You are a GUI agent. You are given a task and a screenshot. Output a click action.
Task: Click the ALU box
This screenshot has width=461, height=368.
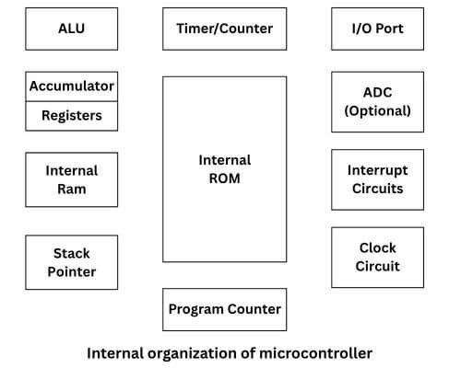(72, 29)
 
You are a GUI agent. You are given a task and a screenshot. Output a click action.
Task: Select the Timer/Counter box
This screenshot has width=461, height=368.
(224, 29)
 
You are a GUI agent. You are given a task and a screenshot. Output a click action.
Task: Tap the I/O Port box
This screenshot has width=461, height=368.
(377, 29)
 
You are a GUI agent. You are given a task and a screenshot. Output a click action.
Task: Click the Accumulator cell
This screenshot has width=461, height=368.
(72, 86)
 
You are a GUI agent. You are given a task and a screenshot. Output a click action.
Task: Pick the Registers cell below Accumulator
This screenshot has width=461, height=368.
(72, 116)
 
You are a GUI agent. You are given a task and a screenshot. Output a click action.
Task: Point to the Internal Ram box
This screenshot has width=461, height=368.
(72, 179)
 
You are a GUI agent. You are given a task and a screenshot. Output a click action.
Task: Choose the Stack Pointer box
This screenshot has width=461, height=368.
(72, 262)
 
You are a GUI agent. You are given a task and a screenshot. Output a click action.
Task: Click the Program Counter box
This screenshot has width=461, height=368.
(224, 309)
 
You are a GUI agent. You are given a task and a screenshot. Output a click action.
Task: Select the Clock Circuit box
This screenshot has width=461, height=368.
(377, 258)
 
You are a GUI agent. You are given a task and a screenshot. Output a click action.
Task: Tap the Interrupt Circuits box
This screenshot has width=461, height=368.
(377, 179)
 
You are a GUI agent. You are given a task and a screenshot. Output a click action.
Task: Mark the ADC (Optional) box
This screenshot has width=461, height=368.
(377, 101)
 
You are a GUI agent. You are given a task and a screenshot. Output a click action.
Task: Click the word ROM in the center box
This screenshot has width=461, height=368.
(224, 178)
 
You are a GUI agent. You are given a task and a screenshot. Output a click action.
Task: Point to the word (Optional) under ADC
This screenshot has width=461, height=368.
(377, 111)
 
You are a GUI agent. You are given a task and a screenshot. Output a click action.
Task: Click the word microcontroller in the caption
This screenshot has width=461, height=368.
(318, 352)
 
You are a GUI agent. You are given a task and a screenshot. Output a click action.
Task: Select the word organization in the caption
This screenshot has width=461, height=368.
(190, 352)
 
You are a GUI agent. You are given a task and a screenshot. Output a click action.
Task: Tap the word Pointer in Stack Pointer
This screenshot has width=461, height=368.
(72, 272)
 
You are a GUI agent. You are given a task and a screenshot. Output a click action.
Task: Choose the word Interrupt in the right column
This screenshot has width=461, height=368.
(377, 170)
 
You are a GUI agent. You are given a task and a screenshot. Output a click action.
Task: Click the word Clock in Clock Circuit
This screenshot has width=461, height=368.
(377, 248)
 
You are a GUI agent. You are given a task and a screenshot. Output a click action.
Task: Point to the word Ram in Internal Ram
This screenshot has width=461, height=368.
(72, 190)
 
